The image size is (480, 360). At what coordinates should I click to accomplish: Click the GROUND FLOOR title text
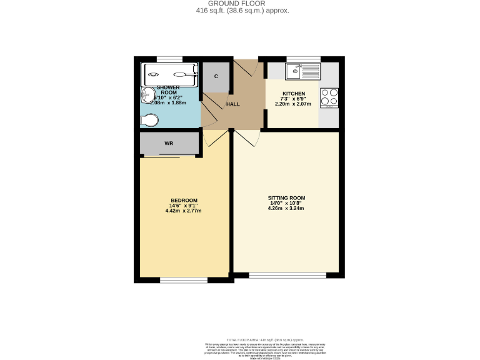pyautogui.click(x=240, y=4)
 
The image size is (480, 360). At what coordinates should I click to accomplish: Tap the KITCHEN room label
pyautogui.click(x=293, y=93)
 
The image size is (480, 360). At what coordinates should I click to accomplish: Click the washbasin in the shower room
pyautogui.click(x=147, y=94)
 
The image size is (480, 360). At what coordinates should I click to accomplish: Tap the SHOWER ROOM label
pyautogui.click(x=168, y=90)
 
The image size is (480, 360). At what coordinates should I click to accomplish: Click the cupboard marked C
pyautogui.click(x=216, y=76)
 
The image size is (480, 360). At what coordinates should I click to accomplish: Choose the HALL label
pyautogui.click(x=233, y=104)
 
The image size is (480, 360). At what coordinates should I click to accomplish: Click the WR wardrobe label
pyautogui.click(x=169, y=144)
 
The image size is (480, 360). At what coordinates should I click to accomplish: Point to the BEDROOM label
pyautogui.click(x=184, y=201)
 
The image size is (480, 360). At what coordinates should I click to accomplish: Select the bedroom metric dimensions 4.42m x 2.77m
pyautogui.click(x=184, y=211)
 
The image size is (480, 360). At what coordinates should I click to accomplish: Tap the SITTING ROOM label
pyautogui.click(x=287, y=197)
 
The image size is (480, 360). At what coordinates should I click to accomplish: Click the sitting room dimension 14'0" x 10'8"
pyautogui.click(x=287, y=203)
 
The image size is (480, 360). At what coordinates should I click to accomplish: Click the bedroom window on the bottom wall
pyautogui.click(x=184, y=280)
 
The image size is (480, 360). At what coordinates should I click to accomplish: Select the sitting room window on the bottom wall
pyautogui.click(x=287, y=274)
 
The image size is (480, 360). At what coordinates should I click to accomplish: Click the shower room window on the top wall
pyautogui.click(x=166, y=59)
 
